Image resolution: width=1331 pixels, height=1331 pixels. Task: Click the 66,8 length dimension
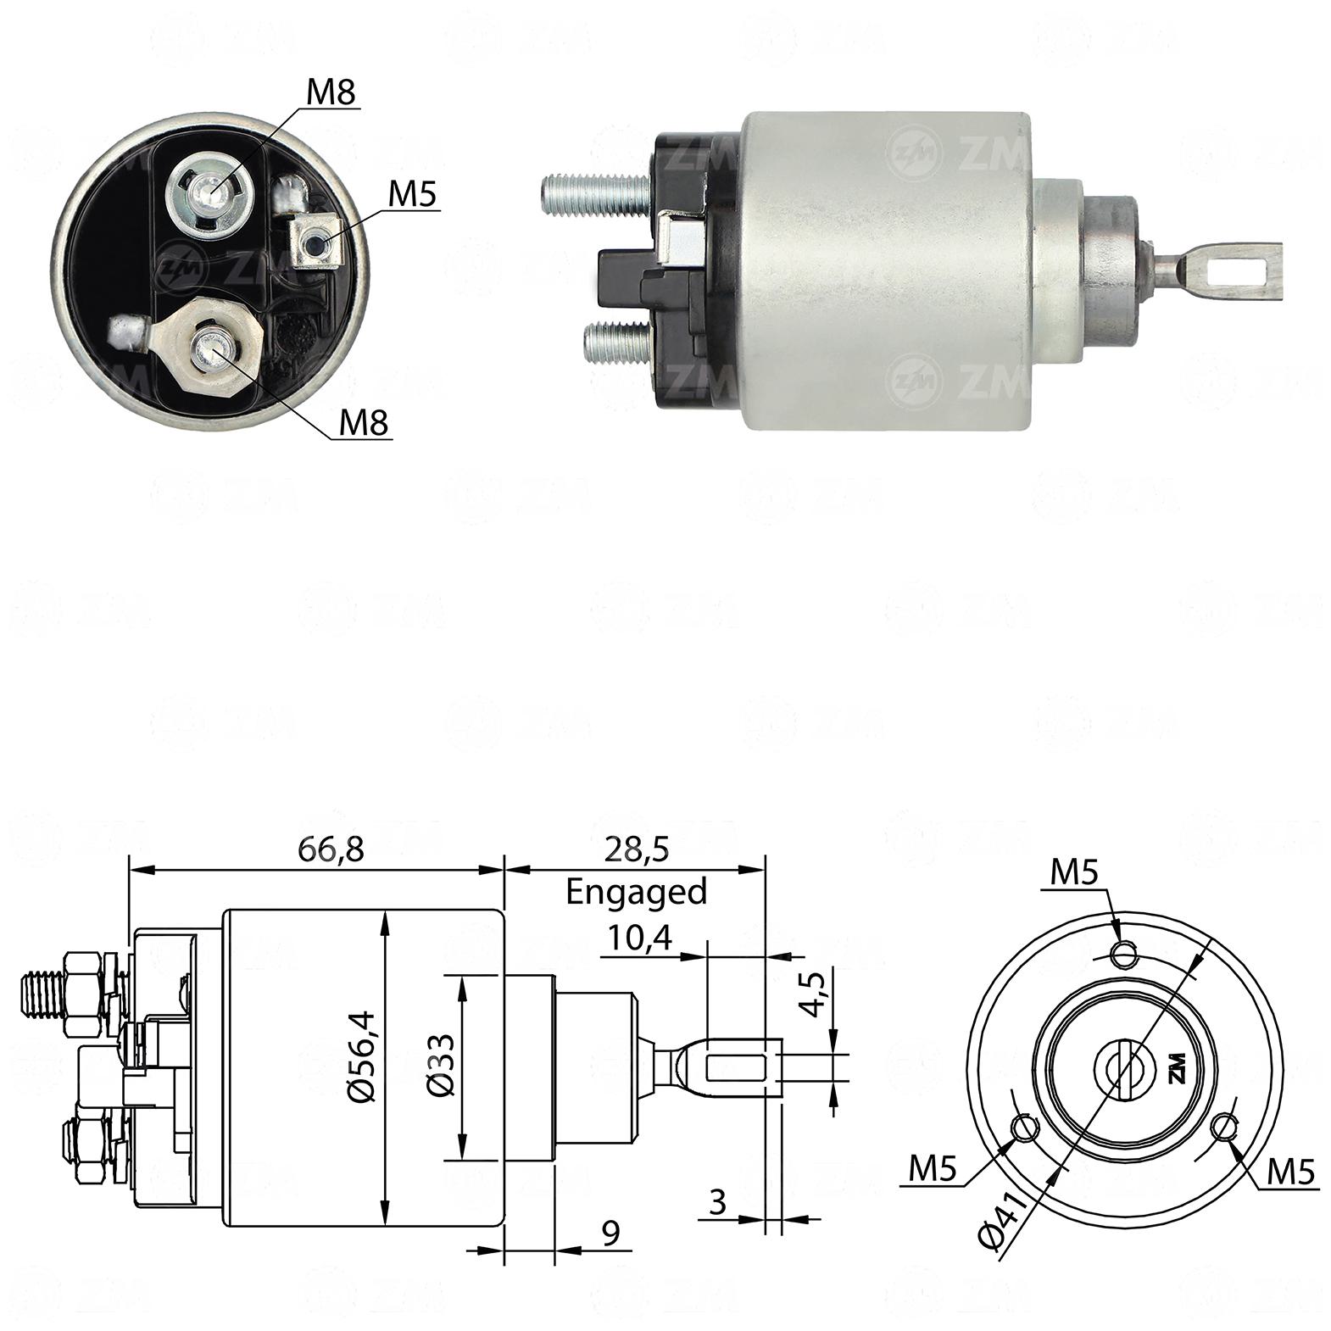coord(331,848)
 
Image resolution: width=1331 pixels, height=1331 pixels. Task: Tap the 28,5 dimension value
coord(637,848)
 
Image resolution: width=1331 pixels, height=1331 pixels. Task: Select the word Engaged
coord(636,893)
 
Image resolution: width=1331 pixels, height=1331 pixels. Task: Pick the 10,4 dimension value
coord(640,938)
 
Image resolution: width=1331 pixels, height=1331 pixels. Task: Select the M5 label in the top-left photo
coord(412,195)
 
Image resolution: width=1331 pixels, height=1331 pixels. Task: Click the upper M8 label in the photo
coord(331,92)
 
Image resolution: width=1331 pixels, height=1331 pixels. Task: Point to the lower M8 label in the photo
coord(364,422)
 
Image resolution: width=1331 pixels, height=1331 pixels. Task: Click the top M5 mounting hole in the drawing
coord(1124,955)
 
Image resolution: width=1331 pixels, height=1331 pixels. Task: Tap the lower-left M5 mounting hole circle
coord(1025,1128)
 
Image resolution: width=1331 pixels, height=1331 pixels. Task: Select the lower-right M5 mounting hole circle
coord(1223,1128)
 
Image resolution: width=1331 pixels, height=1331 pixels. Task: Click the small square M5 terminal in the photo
coord(315,242)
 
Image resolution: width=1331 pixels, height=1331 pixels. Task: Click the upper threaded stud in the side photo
coord(597,193)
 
